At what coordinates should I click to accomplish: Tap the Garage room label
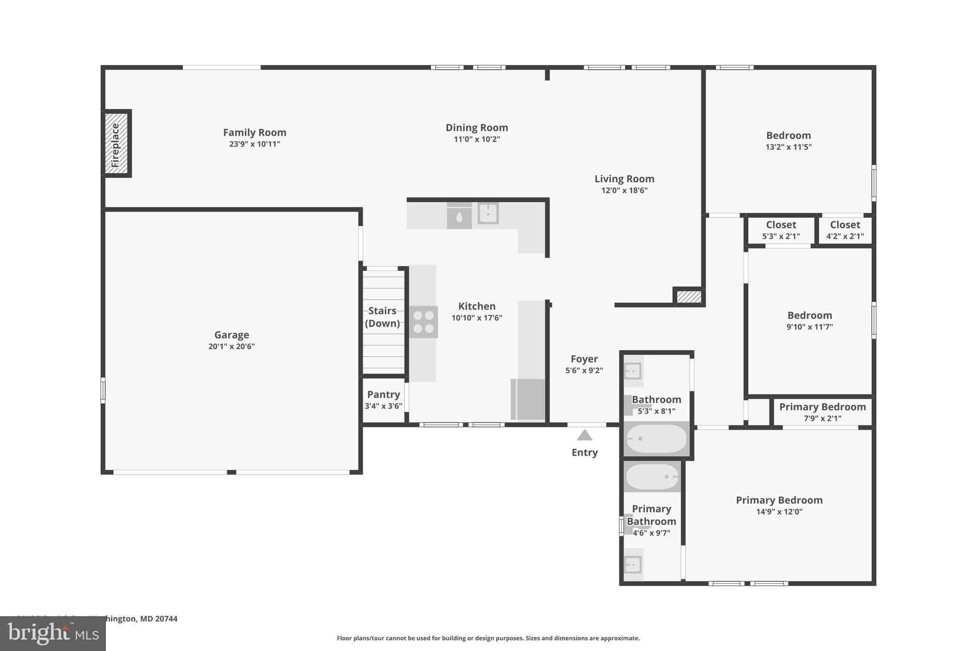click(231, 335)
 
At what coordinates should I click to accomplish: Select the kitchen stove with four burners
click(423, 322)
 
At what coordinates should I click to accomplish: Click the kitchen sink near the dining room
click(488, 214)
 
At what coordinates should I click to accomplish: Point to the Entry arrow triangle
click(584, 435)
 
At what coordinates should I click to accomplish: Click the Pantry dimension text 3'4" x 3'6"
click(384, 406)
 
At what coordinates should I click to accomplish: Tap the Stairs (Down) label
click(382, 317)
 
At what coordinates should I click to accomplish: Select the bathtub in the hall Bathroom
click(656, 438)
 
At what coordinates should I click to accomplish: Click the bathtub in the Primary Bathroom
click(652, 476)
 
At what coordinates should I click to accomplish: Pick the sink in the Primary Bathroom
click(633, 565)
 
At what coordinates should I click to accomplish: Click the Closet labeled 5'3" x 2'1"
click(781, 230)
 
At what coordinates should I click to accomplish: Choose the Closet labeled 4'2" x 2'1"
click(845, 230)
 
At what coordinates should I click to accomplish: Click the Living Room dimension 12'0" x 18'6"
click(624, 190)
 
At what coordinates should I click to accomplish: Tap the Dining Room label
click(477, 128)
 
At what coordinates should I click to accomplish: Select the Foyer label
click(584, 359)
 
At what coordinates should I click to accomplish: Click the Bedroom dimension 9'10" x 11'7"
click(810, 327)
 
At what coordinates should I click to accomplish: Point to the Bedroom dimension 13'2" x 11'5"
click(788, 147)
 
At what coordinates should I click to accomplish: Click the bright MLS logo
click(52, 633)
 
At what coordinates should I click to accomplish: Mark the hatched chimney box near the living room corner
click(689, 297)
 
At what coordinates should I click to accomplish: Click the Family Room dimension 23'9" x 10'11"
click(254, 144)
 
